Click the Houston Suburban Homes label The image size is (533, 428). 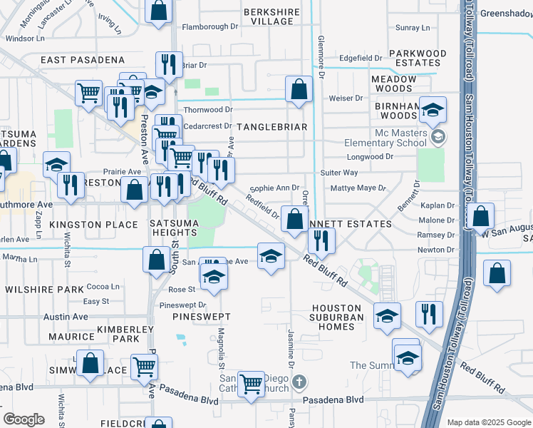click(x=337, y=317)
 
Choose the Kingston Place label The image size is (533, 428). click(x=93, y=225)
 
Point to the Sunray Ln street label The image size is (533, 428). click(x=413, y=28)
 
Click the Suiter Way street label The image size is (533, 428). click(x=339, y=173)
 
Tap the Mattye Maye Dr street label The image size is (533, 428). click(x=358, y=189)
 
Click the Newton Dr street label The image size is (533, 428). click(x=436, y=250)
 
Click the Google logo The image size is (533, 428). click(x=24, y=419)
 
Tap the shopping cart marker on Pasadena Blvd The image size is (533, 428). click(x=251, y=384)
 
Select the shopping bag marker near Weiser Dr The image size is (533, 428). click(x=299, y=89)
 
